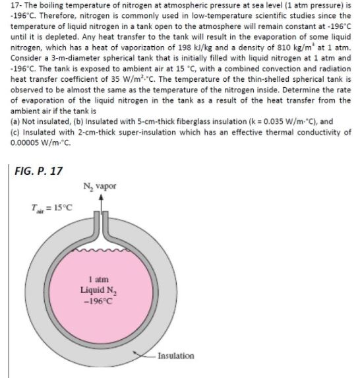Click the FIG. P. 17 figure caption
pyautogui.click(x=38, y=170)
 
